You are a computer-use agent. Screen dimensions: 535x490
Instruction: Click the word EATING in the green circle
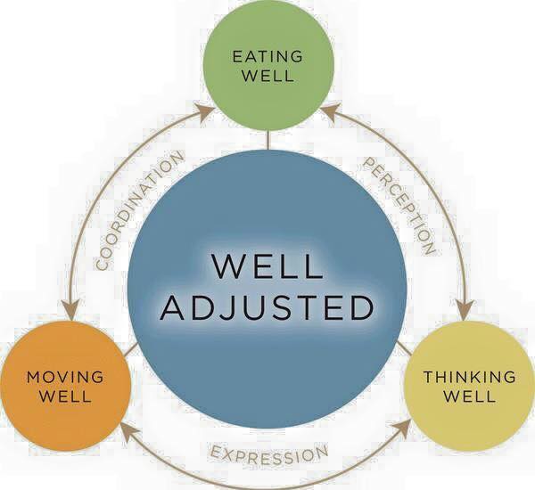pos(267,56)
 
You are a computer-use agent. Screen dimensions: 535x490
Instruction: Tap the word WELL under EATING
pos(269,76)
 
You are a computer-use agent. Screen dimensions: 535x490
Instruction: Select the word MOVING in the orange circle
pos(65,377)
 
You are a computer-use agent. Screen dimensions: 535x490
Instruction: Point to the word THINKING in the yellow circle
pos(470,377)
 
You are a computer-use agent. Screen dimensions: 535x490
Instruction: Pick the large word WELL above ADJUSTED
pos(267,265)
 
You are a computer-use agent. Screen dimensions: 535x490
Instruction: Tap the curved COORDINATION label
pos(139,210)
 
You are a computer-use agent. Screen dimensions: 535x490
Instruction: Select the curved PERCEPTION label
pos(399,206)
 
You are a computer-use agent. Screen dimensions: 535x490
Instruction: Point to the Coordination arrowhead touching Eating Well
pos(206,113)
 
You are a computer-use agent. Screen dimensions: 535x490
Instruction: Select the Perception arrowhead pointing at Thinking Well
pos(465,311)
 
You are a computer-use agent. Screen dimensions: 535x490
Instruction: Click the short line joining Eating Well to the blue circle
pos(268,140)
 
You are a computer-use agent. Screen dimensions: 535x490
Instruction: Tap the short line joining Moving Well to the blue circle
pos(131,350)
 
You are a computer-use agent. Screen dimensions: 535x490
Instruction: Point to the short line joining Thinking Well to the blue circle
pos(404,348)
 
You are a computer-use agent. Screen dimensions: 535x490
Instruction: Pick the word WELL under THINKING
pos(470,396)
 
